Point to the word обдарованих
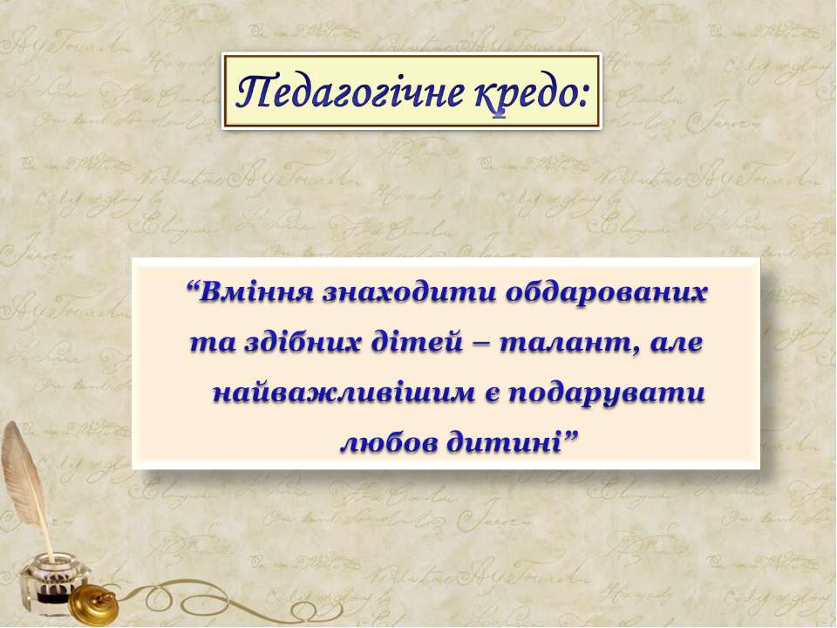[x=606, y=294]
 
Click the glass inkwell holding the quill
[x=52, y=584]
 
